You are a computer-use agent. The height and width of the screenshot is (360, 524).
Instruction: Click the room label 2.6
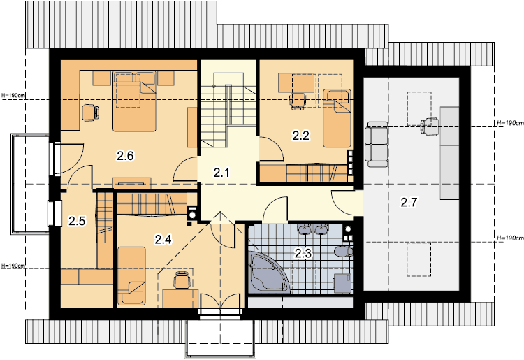[x=125, y=156]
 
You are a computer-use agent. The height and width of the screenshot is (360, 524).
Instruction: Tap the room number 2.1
[x=221, y=173]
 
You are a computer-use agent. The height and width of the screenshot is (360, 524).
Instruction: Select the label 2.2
[x=301, y=136]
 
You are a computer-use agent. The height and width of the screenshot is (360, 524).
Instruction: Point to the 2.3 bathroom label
[x=303, y=254]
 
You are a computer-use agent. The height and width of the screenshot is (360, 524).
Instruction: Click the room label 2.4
[x=163, y=239]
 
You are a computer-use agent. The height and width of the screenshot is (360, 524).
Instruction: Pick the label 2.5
[x=77, y=221]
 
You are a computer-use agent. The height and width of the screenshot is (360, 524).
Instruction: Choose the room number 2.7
[x=409, y=203]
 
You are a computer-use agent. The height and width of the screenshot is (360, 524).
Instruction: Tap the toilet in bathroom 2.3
[x=344, y=251]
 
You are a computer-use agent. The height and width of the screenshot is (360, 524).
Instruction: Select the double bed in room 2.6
[x=134, y=101]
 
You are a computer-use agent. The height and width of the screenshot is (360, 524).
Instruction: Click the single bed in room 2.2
[x=337, y=118]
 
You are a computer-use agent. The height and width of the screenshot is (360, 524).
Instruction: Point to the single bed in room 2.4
[x=131, y=276]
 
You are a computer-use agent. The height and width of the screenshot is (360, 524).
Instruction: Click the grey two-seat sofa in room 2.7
[x=377, y=145]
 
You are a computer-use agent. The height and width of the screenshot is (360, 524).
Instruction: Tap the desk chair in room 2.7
[x=429, y=127]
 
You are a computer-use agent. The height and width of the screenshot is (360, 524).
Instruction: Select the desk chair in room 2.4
[x=182, y=280]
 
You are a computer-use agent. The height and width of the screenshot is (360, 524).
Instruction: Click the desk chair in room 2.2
[x=298, y=101]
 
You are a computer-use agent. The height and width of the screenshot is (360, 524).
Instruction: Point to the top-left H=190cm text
[x=13, y=95]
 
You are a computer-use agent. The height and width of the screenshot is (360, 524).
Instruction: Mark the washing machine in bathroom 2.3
[x=342, y=284]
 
